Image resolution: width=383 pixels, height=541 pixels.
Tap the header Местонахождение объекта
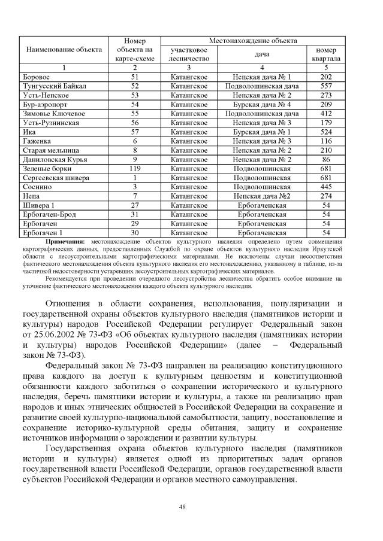click(253, 41)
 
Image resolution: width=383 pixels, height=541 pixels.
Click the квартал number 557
click(326, 86)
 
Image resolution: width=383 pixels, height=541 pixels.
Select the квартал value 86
click(326, 160)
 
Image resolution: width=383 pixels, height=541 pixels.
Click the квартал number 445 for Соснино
click(326, 187)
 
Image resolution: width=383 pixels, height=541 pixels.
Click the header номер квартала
click(326, 54)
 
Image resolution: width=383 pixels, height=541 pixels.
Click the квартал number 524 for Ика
click(326, 132)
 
